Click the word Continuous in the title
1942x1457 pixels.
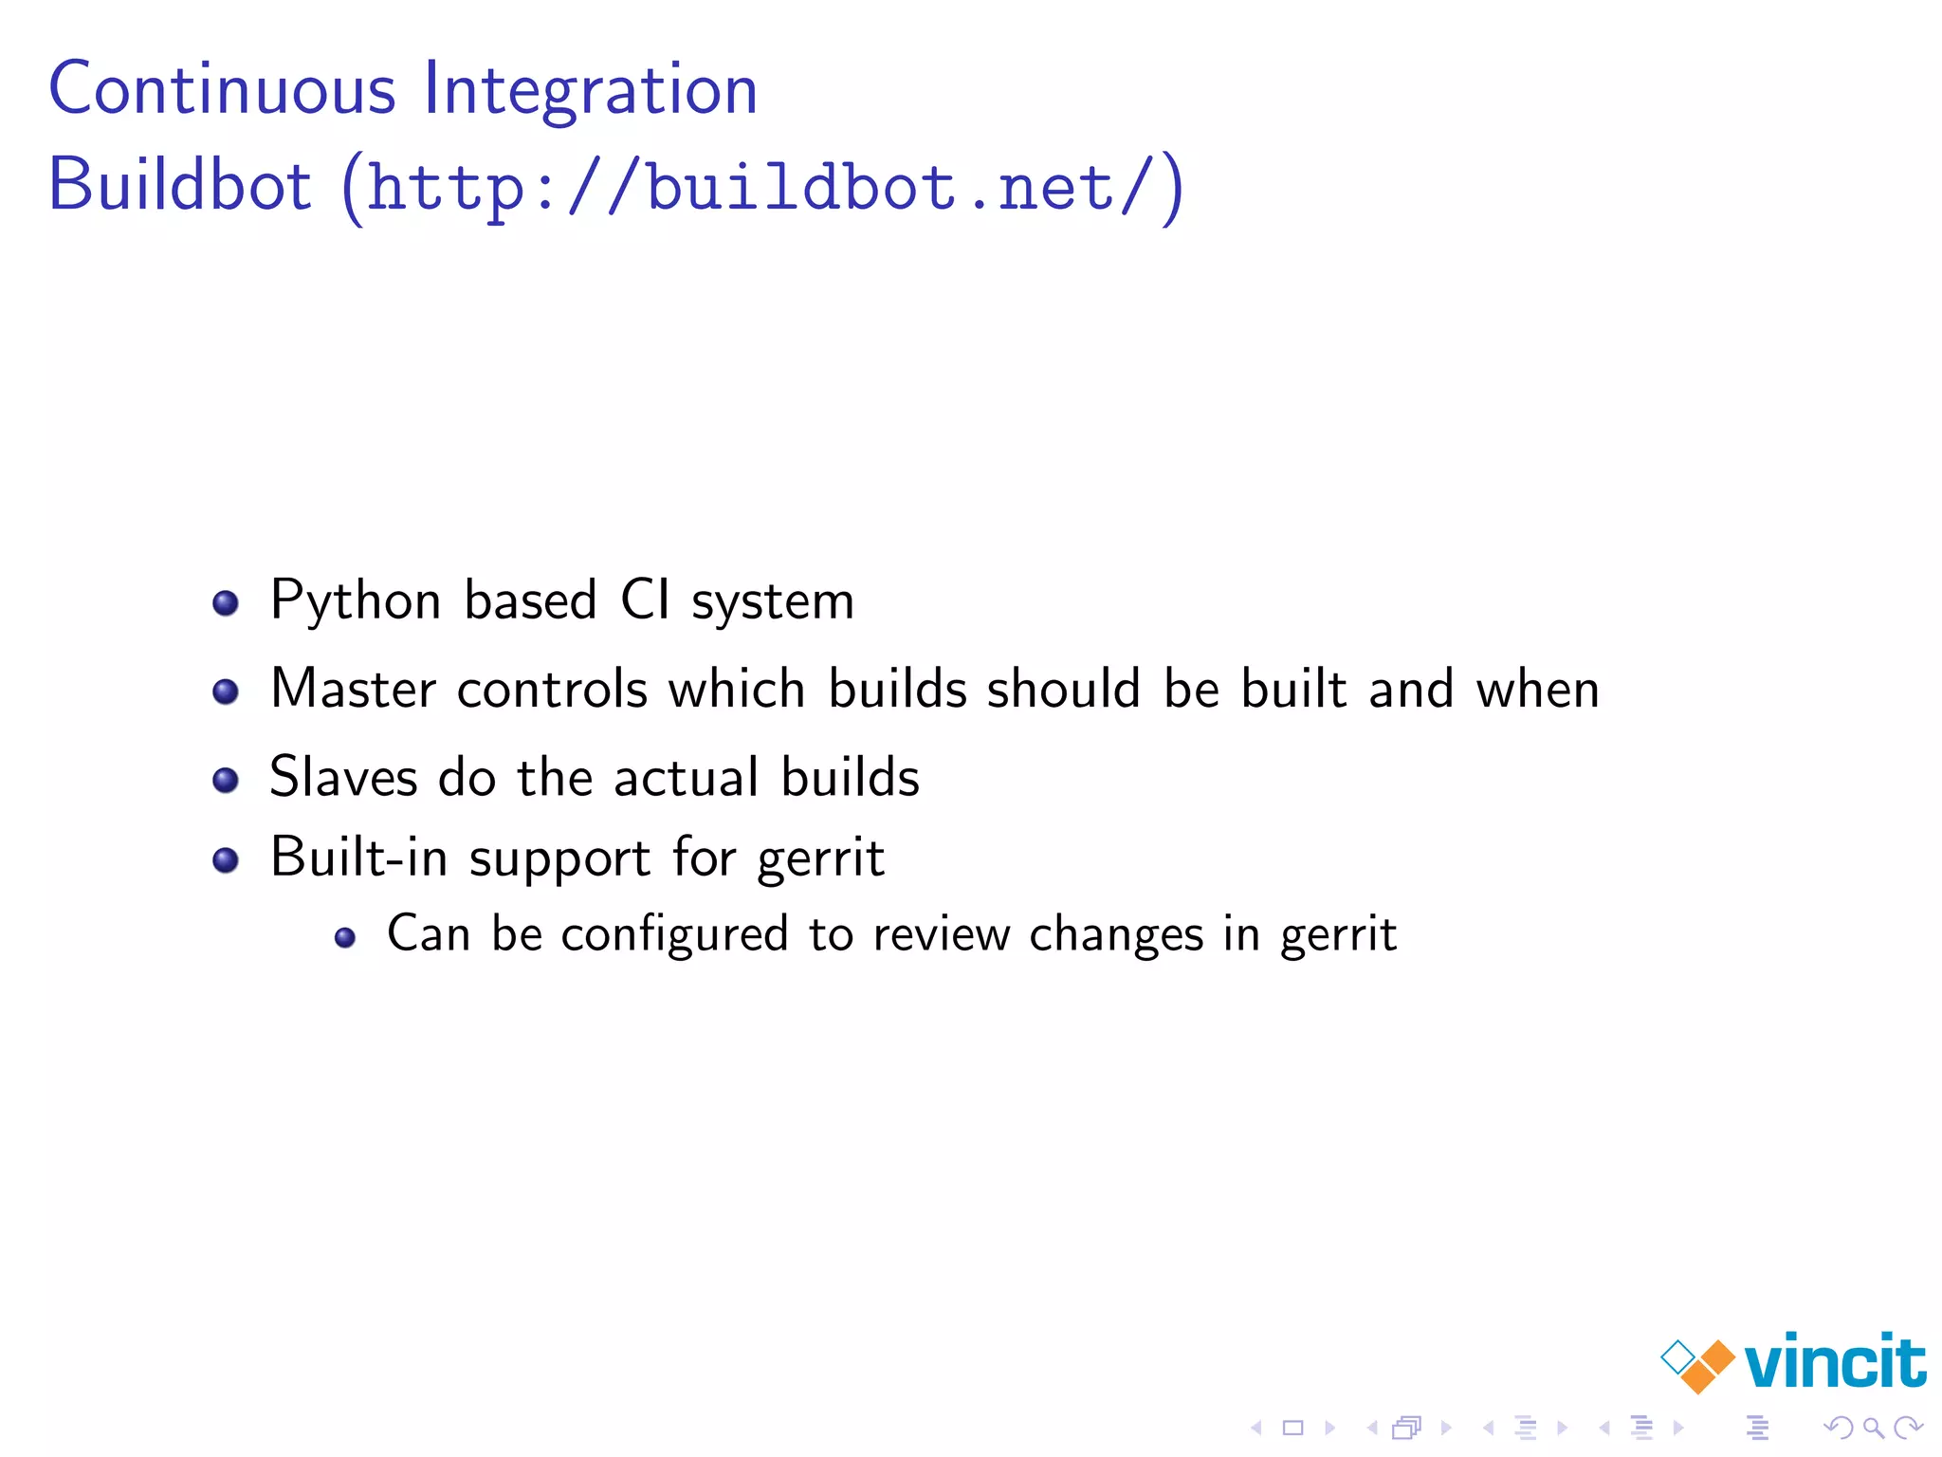tap(222, 89)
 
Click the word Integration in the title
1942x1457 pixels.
tap(590, 91)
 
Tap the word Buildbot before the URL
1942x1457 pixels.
tap(179, 184)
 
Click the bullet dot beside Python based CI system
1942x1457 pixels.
tap(226, 602)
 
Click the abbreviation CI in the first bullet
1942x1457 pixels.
tap(645, 600)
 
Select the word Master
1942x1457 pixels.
tap(352, 689)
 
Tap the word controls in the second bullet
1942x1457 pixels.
tap(552, 689)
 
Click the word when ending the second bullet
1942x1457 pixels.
tap(1537, 689)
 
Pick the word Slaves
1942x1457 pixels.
tap(343, 777)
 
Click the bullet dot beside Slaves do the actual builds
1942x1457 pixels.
tap(226, 780)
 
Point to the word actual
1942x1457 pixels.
tap(687, 777)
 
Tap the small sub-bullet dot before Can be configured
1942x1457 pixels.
tap(345, 938)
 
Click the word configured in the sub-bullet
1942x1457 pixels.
tap(674, 935)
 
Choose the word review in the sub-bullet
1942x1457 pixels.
tap(941, 935)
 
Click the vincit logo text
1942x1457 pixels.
tap(1835, 1362)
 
